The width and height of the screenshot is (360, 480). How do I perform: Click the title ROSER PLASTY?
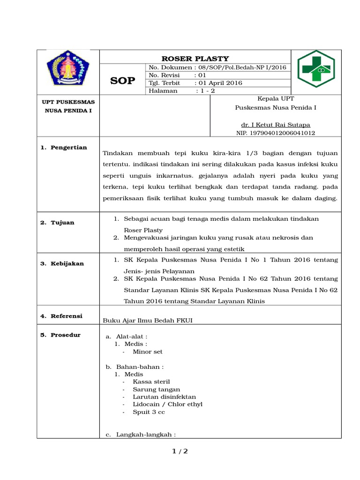click(195, 59)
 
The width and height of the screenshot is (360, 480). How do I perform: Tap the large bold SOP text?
click(122, 81)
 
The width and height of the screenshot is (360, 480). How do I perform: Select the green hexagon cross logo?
click(317, 69)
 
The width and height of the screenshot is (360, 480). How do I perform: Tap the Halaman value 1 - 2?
click(206, 91)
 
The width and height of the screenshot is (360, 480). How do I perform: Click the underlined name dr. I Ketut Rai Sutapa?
click(275, 125)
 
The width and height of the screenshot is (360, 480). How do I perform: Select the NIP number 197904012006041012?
click(275, 133)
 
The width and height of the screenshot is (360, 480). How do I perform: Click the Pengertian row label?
click(64, 148)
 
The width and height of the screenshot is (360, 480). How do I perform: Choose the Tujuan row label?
click(57, 223)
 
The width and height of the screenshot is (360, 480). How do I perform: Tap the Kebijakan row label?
click(62, 263)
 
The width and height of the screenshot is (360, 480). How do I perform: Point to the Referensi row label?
click(61, 316)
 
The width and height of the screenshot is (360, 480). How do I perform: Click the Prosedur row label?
click(60, 335)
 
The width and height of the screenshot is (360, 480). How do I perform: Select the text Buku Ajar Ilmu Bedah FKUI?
click(148, 320)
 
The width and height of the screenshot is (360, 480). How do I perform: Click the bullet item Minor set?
click(148, 352)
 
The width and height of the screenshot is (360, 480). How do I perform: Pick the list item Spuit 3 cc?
click(149, 412)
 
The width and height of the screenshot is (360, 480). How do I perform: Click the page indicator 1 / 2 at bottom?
click(180, 451)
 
